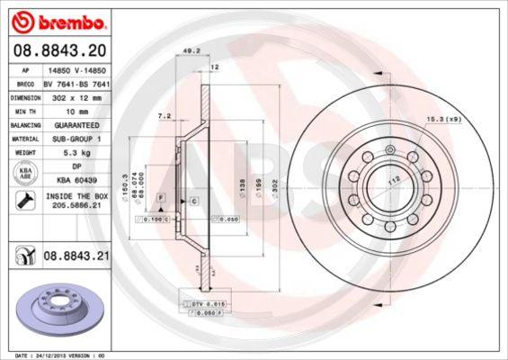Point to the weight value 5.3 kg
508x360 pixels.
(83, 154)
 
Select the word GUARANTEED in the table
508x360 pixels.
(83, 125)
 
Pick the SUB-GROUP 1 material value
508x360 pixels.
(83, 139)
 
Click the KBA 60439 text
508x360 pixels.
(83, 182)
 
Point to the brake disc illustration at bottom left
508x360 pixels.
(55, 310)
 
